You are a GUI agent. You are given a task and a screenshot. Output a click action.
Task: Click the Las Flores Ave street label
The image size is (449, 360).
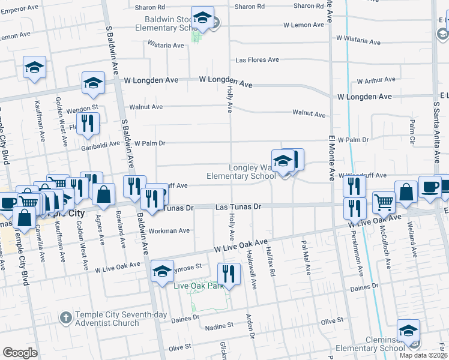(257, 60)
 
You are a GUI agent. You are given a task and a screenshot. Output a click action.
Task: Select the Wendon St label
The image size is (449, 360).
(77, 110)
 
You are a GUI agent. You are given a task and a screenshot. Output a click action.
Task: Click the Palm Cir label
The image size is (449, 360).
(412, 127)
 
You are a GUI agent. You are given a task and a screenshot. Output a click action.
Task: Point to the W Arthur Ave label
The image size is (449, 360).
(376, 79)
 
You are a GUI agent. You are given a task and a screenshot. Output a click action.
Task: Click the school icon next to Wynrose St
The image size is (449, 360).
(161, 272)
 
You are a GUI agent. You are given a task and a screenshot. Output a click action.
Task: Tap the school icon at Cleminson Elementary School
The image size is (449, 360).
(408, 330)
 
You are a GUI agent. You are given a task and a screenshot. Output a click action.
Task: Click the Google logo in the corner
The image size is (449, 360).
(20, 353)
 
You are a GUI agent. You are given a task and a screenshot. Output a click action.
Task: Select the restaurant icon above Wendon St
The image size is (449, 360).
(89, 123)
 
